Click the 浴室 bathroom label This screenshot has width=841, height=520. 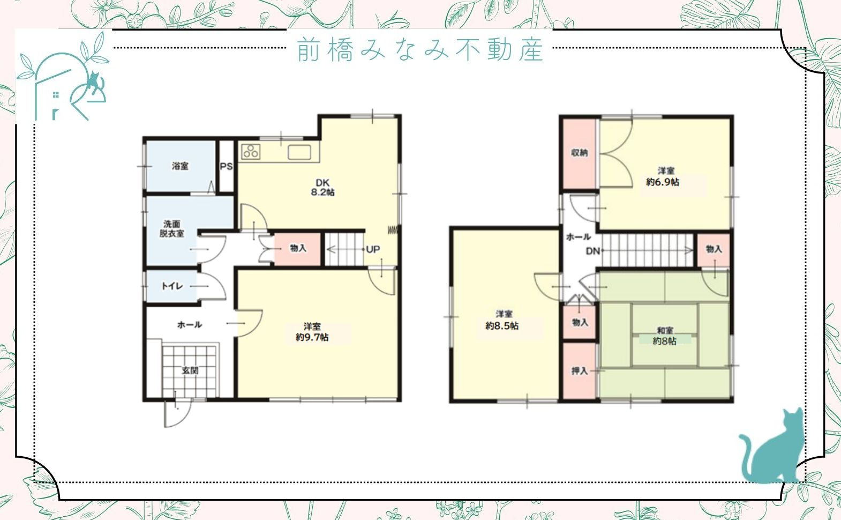pos(180,166)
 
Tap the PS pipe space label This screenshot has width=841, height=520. pos(226,166)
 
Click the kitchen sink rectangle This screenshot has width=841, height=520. pos(299,152)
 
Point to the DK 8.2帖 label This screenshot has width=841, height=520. pos(322,187)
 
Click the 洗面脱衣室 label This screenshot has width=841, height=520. pos(172,229)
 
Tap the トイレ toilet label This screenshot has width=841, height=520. pos(172,286)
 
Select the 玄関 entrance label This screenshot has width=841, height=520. pos(190,370)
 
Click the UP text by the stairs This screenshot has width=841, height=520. pos(373,249)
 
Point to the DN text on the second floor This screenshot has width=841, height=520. pos(592,250)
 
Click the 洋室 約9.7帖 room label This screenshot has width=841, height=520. pos(312,332)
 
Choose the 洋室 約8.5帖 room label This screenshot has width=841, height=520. pos(502,320)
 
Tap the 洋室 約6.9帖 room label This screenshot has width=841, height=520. pos(663,177)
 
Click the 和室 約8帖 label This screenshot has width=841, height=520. pos(665,336)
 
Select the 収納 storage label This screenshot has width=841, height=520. pos(579,153)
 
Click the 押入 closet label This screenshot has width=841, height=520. pos(579,371)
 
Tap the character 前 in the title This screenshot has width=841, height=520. pos(308,50)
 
